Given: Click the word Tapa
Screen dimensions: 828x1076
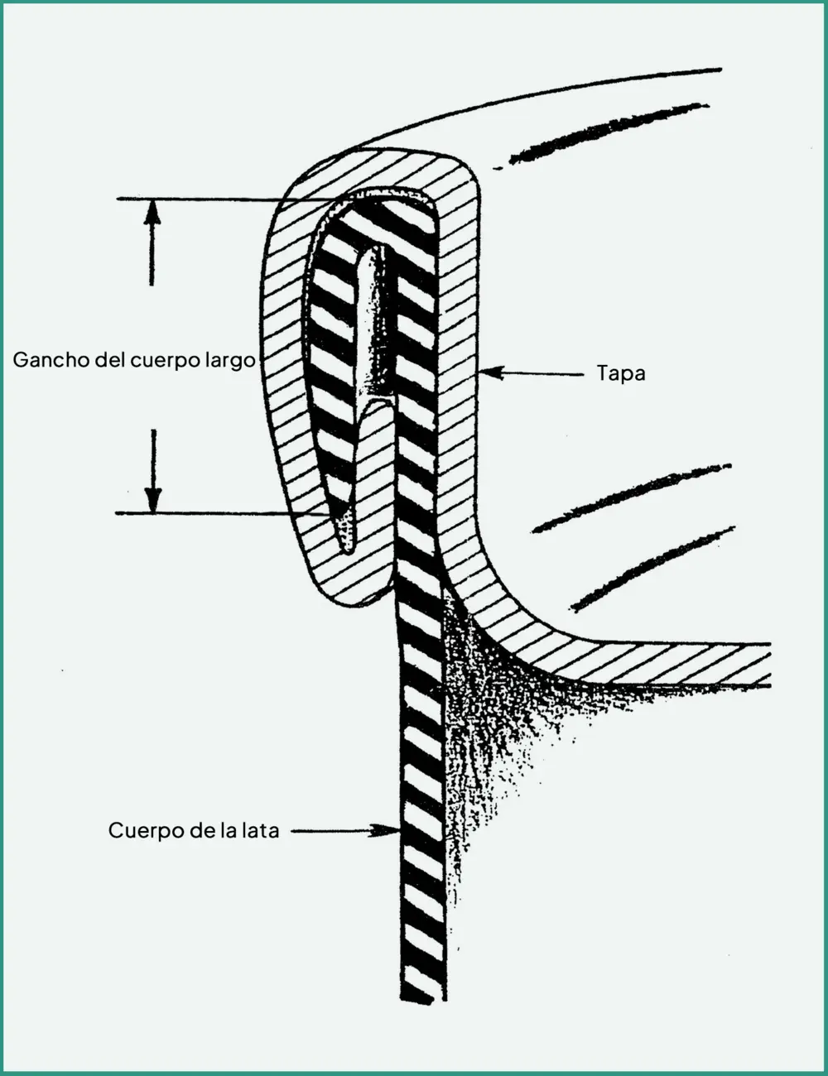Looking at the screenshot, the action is click(x=621, y=373).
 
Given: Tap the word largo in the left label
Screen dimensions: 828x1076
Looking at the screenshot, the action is click(x=230, y=361).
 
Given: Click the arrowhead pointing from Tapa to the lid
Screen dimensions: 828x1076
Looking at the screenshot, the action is click(x=492, y=372).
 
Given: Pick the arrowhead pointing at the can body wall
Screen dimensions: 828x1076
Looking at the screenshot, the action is click(x=387, y=830).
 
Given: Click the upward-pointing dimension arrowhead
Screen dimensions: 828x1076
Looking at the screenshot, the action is click(x=152, y=212).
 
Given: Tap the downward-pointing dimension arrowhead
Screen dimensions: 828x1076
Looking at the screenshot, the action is click(x=153, y=500).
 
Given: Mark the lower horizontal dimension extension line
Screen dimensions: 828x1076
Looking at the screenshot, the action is click(x=222, y=513).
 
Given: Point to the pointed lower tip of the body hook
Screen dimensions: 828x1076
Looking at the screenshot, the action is click(x=347, y=547).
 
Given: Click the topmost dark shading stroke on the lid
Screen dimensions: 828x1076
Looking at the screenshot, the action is click(x=609, y=134).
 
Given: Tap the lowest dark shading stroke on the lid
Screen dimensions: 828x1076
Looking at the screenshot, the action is click(x=652, y=569).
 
